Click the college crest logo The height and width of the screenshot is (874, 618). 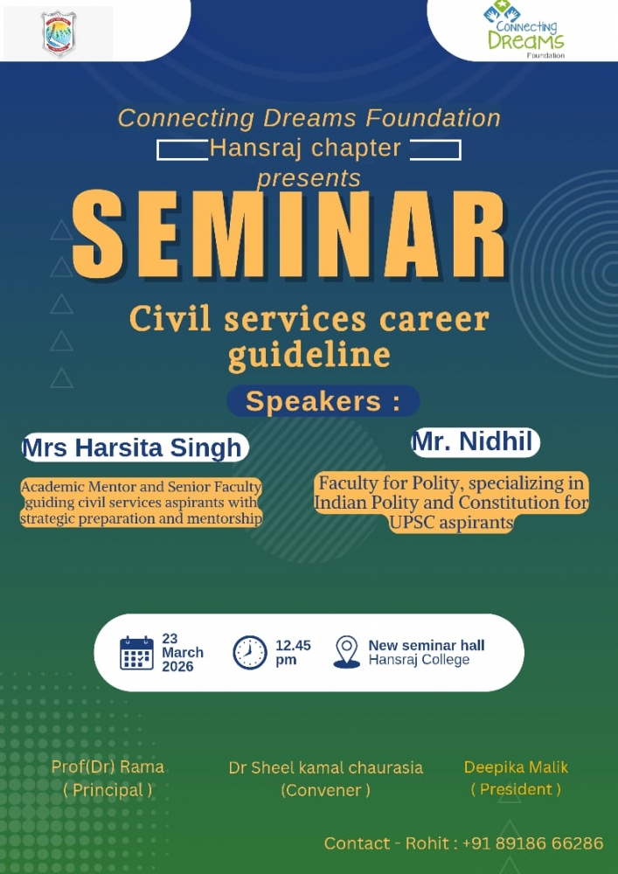(59, 33)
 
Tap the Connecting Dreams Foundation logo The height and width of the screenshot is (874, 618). (524, 30)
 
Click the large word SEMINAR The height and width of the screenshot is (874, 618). (288, 234)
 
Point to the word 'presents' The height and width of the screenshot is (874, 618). (309, 178)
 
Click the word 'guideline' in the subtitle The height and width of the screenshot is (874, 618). (309, 355)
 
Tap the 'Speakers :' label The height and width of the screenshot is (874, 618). (323, 401)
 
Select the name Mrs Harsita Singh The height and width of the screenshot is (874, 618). (133, 447)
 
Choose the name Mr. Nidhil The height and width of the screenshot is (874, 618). (476, 442)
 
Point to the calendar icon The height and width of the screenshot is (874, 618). (136, 653)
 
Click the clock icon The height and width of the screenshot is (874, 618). (250, 653)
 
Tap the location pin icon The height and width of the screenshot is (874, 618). (347, 652)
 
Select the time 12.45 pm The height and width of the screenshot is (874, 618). (293, 653)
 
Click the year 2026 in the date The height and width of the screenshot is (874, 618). (177, 667)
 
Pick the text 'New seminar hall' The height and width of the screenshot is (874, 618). (427, 646)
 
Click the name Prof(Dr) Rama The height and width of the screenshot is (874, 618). (108, 767)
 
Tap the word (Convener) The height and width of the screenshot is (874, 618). (325, 790)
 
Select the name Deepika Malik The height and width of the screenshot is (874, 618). (516, 767)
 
